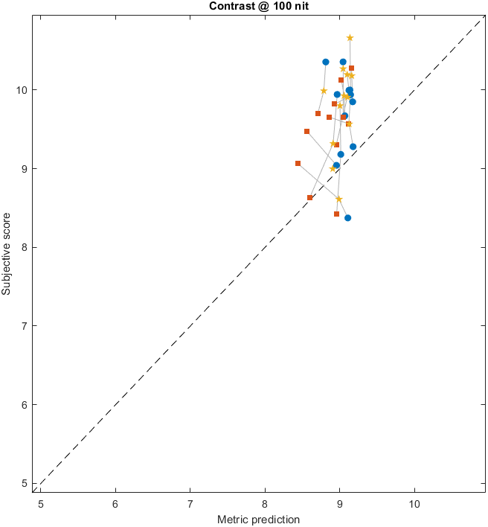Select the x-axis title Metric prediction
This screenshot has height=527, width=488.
(x=257, y=519)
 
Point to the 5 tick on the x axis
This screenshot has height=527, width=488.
(x=41, y=504)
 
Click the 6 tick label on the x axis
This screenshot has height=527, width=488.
(x=115, y=504)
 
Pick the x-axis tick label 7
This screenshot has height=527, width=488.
(x=190, y=504)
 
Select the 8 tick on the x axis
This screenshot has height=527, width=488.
(x=265, y=504)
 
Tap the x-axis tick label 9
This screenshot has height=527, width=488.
(x=340, y=504)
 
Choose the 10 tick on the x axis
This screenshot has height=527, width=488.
(x=414, y=504)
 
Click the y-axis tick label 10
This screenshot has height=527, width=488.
(x=22, y=90)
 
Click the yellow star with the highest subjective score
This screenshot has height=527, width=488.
(x=350, y=38)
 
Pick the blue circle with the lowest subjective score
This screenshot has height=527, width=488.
(x=347, y=218)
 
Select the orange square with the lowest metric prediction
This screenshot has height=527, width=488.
(x=298, y=163)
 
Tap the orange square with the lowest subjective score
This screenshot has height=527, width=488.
(x=336, y=214)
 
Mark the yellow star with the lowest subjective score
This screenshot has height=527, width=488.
(x=338, y=199)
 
